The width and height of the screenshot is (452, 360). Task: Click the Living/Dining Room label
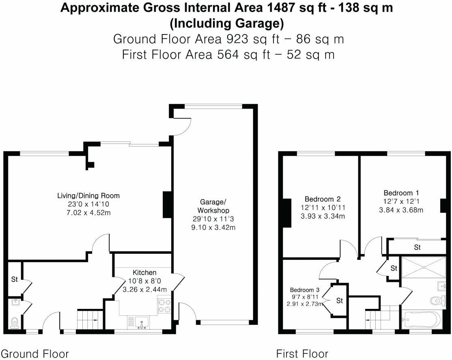(x=88, y=196)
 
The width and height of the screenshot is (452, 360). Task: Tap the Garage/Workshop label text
(x=213, y=206)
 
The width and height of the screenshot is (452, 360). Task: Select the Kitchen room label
(x=144, y=272)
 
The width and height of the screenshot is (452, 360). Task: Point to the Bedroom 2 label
(x=323, y=199)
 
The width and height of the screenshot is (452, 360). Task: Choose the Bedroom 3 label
(x=305, y=290)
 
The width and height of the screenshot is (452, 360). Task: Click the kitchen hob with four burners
(x=164, y=306)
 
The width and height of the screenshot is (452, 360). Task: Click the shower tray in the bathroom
(x=424, y=267)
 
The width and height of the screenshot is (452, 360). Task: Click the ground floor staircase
(x=89, y=319)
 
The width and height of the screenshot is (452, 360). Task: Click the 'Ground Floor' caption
(x=35, y=354)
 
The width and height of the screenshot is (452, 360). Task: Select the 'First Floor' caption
(x=302, y=354)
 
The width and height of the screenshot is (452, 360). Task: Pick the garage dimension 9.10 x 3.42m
(x=213, y=227)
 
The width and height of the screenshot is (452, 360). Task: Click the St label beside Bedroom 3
(x=340, y=301)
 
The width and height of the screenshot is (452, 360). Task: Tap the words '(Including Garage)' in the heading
(x=226, y=24)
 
